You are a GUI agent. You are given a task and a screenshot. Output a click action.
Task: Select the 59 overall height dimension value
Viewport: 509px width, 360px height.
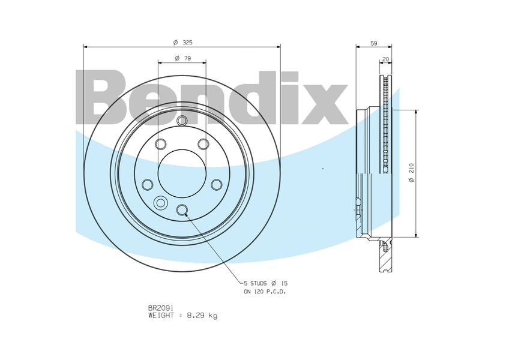tap(374, 43)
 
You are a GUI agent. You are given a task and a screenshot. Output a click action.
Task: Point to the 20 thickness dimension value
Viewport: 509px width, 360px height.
tap(385, 59)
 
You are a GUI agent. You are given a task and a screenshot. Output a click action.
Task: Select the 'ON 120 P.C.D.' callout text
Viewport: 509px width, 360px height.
tap(265, 292)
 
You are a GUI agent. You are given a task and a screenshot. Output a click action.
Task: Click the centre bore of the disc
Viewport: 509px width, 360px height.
tap(182, 173)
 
